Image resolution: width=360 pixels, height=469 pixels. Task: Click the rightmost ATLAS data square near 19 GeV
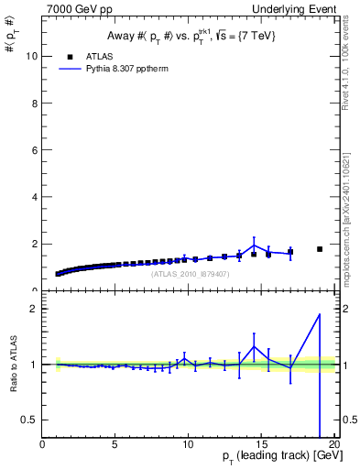click(320, 249)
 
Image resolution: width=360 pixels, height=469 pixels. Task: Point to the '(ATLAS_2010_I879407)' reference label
click(191, 273)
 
